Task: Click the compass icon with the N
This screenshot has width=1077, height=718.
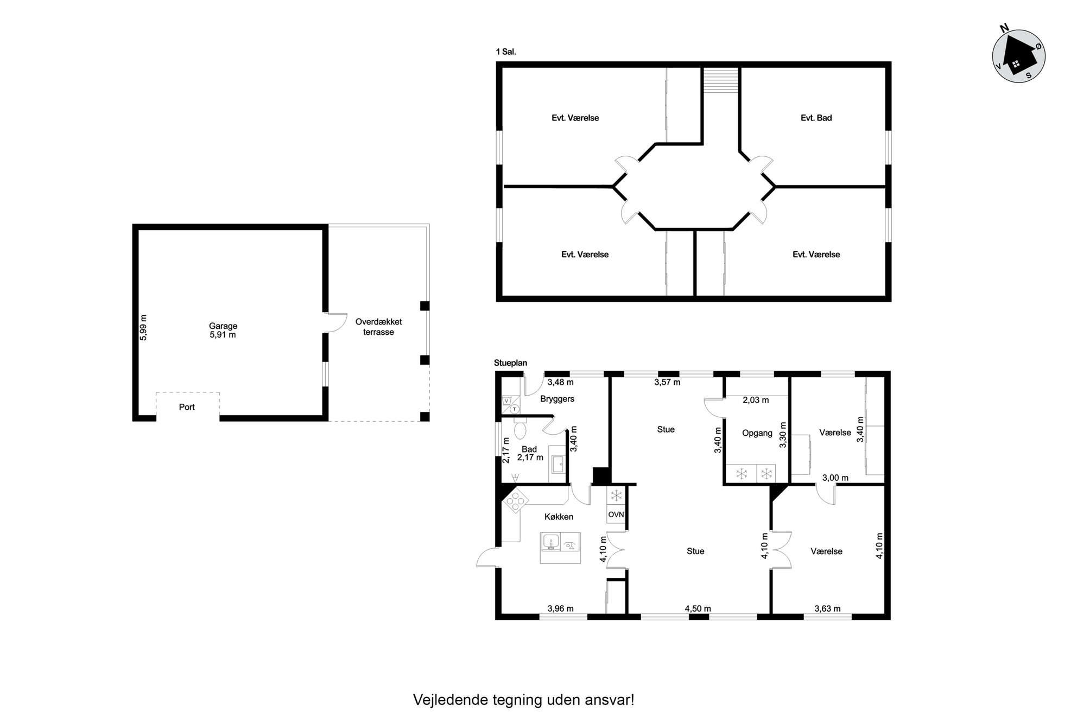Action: (x=1018, y=55)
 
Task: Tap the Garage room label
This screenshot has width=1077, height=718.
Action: (x=223, y=326)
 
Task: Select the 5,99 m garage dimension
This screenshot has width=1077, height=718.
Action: (x=143, y=328)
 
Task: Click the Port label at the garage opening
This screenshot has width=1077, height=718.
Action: (x=187, y=407)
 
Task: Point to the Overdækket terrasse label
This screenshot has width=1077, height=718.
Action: (x=378, y=327)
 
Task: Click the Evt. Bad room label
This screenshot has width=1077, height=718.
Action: (x=816, y=118)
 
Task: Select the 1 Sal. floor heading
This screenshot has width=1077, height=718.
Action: (x=505, y=52)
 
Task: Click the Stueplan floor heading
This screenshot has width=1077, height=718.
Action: (x=510, y=363)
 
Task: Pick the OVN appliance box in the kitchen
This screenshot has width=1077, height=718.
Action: (x=616, y=514)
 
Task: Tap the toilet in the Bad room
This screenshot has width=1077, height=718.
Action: (x=520, y=429)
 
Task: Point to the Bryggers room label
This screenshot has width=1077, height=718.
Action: (x=557, y=399)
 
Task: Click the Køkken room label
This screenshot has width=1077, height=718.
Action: (x=559, y=517)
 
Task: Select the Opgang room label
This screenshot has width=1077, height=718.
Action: (x=757, y=433)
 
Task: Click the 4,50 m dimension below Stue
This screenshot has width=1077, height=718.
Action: (x=698, y=608)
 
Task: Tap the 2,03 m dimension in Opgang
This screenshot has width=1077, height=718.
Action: (x=756, y=401)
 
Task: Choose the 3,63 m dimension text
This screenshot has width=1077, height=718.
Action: (x=827, y=608)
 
